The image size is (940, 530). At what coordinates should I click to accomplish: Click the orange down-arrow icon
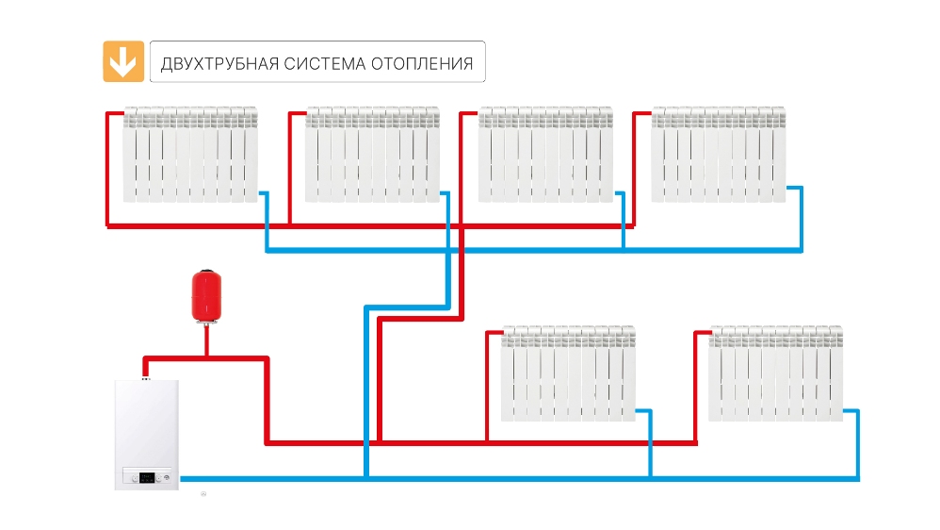[x=122, y=61]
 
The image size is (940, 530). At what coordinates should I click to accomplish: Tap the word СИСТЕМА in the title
[x=324, y=65]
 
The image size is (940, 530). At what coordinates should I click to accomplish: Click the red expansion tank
[x=203, y=294]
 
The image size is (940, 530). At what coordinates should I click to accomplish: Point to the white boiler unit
[x=145, y=434]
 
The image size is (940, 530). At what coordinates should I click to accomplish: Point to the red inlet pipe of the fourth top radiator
[x=640, y=114]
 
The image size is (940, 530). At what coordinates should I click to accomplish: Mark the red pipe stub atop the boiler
[x=145, y=368]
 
